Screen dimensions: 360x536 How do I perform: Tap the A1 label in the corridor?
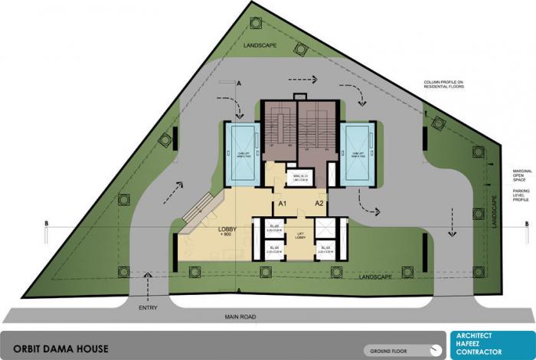click(x=282, y=205)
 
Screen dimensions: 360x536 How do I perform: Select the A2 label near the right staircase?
click(x=321, y=205)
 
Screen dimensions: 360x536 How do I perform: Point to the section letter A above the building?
click(x=240, y=82)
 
